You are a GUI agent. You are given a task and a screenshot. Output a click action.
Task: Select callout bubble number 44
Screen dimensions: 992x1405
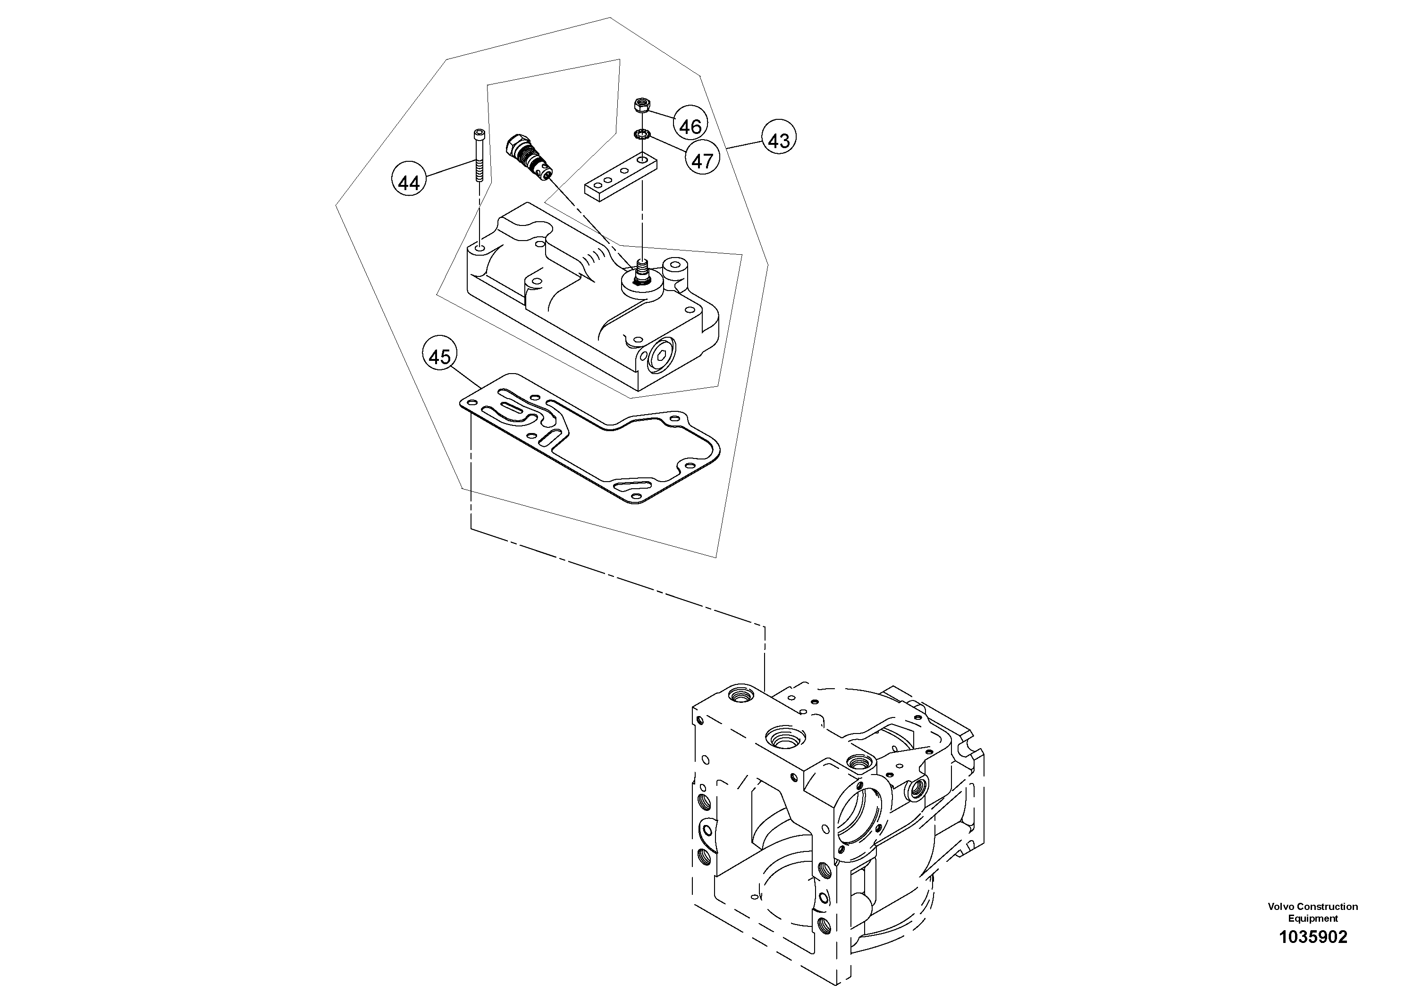click(409, 182)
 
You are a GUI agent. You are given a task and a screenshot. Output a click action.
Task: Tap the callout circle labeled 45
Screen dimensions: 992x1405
click(439, 357)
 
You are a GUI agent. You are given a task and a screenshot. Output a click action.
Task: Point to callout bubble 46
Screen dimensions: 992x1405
click(690, 126)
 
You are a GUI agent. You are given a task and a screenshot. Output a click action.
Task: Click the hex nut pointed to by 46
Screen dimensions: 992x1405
click(642, 106)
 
